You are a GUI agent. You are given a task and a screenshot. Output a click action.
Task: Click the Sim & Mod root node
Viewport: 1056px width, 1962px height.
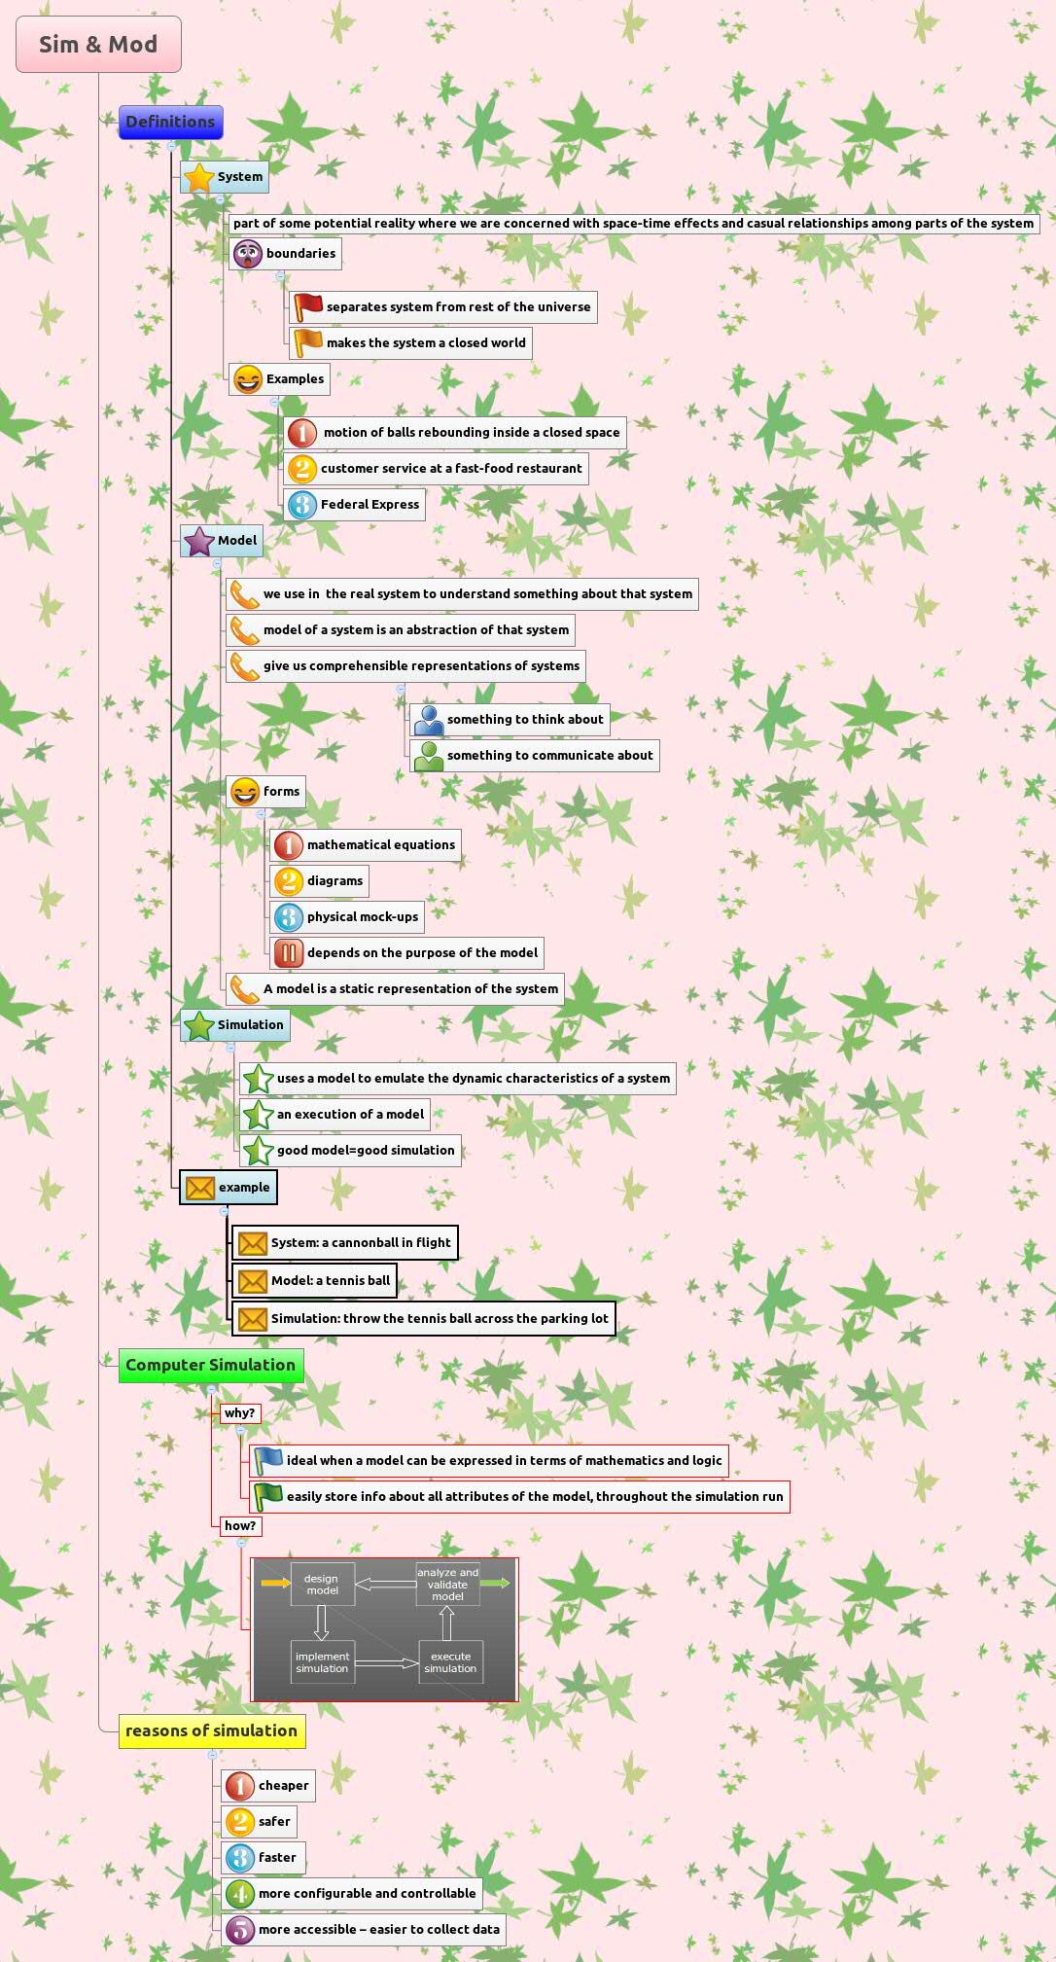pyautogui.click(x=98, y=44)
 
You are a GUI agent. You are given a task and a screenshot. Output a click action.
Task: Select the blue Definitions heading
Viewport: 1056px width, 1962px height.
pyautogui.click(x=170, y=122)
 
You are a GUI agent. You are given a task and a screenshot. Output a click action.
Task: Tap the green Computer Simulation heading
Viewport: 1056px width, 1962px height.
pyautogui.click(x=210, y=1365)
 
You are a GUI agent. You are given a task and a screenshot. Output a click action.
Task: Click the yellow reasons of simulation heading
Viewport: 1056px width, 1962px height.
pyautogui.click(x=211, y=1730)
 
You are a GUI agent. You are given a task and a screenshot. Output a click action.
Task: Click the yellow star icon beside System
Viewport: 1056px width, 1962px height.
pyautogui.click(x=198, y=177)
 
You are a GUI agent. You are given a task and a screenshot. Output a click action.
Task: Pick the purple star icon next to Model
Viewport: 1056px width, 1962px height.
pyautogui.click(x=198, y=541)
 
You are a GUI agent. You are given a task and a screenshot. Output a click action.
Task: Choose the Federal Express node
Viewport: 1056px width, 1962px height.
pyautogui.click(x=370, y=504)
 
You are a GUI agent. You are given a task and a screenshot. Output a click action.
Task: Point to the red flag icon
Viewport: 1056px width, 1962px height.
pyautogui.click(x=308, y=306)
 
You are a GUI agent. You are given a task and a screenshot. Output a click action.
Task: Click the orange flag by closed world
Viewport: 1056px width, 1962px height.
pyautogui.click(x=308, y=342)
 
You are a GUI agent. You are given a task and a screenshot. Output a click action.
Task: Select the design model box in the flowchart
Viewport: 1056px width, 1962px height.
pyautogui.click(x=322, y=1584)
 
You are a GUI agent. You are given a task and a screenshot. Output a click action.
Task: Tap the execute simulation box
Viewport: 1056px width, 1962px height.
pyautogui.click(x=450, y=1661)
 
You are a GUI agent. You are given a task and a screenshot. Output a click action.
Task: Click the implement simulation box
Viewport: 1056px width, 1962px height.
pyautogui.click(x=322, y=1661)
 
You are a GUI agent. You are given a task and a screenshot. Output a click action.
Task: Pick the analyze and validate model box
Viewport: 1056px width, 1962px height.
pyautogui.click(x=447, y=1584)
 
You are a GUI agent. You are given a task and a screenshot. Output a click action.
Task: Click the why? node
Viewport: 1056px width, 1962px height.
pyautogui.click(x=239, y=1412)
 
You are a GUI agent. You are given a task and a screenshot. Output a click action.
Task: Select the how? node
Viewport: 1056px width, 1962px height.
pyautogui.click(x=239, y=1525)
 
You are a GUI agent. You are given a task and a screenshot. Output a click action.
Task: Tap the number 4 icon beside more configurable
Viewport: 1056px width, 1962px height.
pyautogui.click(x=240, y=1893)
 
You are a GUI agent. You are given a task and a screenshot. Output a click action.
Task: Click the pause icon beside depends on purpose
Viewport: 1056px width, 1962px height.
pyautogui.click(x=288, y=953)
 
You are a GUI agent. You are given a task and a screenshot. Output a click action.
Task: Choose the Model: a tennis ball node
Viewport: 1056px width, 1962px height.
pyautogui.click(x=330, y=1280)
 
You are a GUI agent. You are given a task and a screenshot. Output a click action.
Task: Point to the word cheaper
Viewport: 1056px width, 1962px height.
pyautogui.click(x=283, y=1785)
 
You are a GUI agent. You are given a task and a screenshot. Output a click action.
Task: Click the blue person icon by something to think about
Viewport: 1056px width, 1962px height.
pyautogui.click(x=429, y=720)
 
